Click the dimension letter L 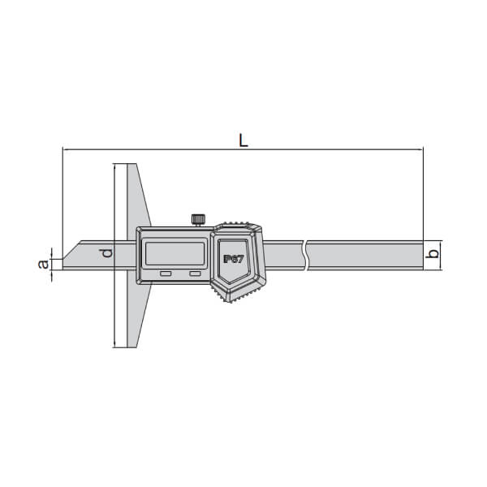tap(243, 139)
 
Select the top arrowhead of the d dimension tap(115, 166)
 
